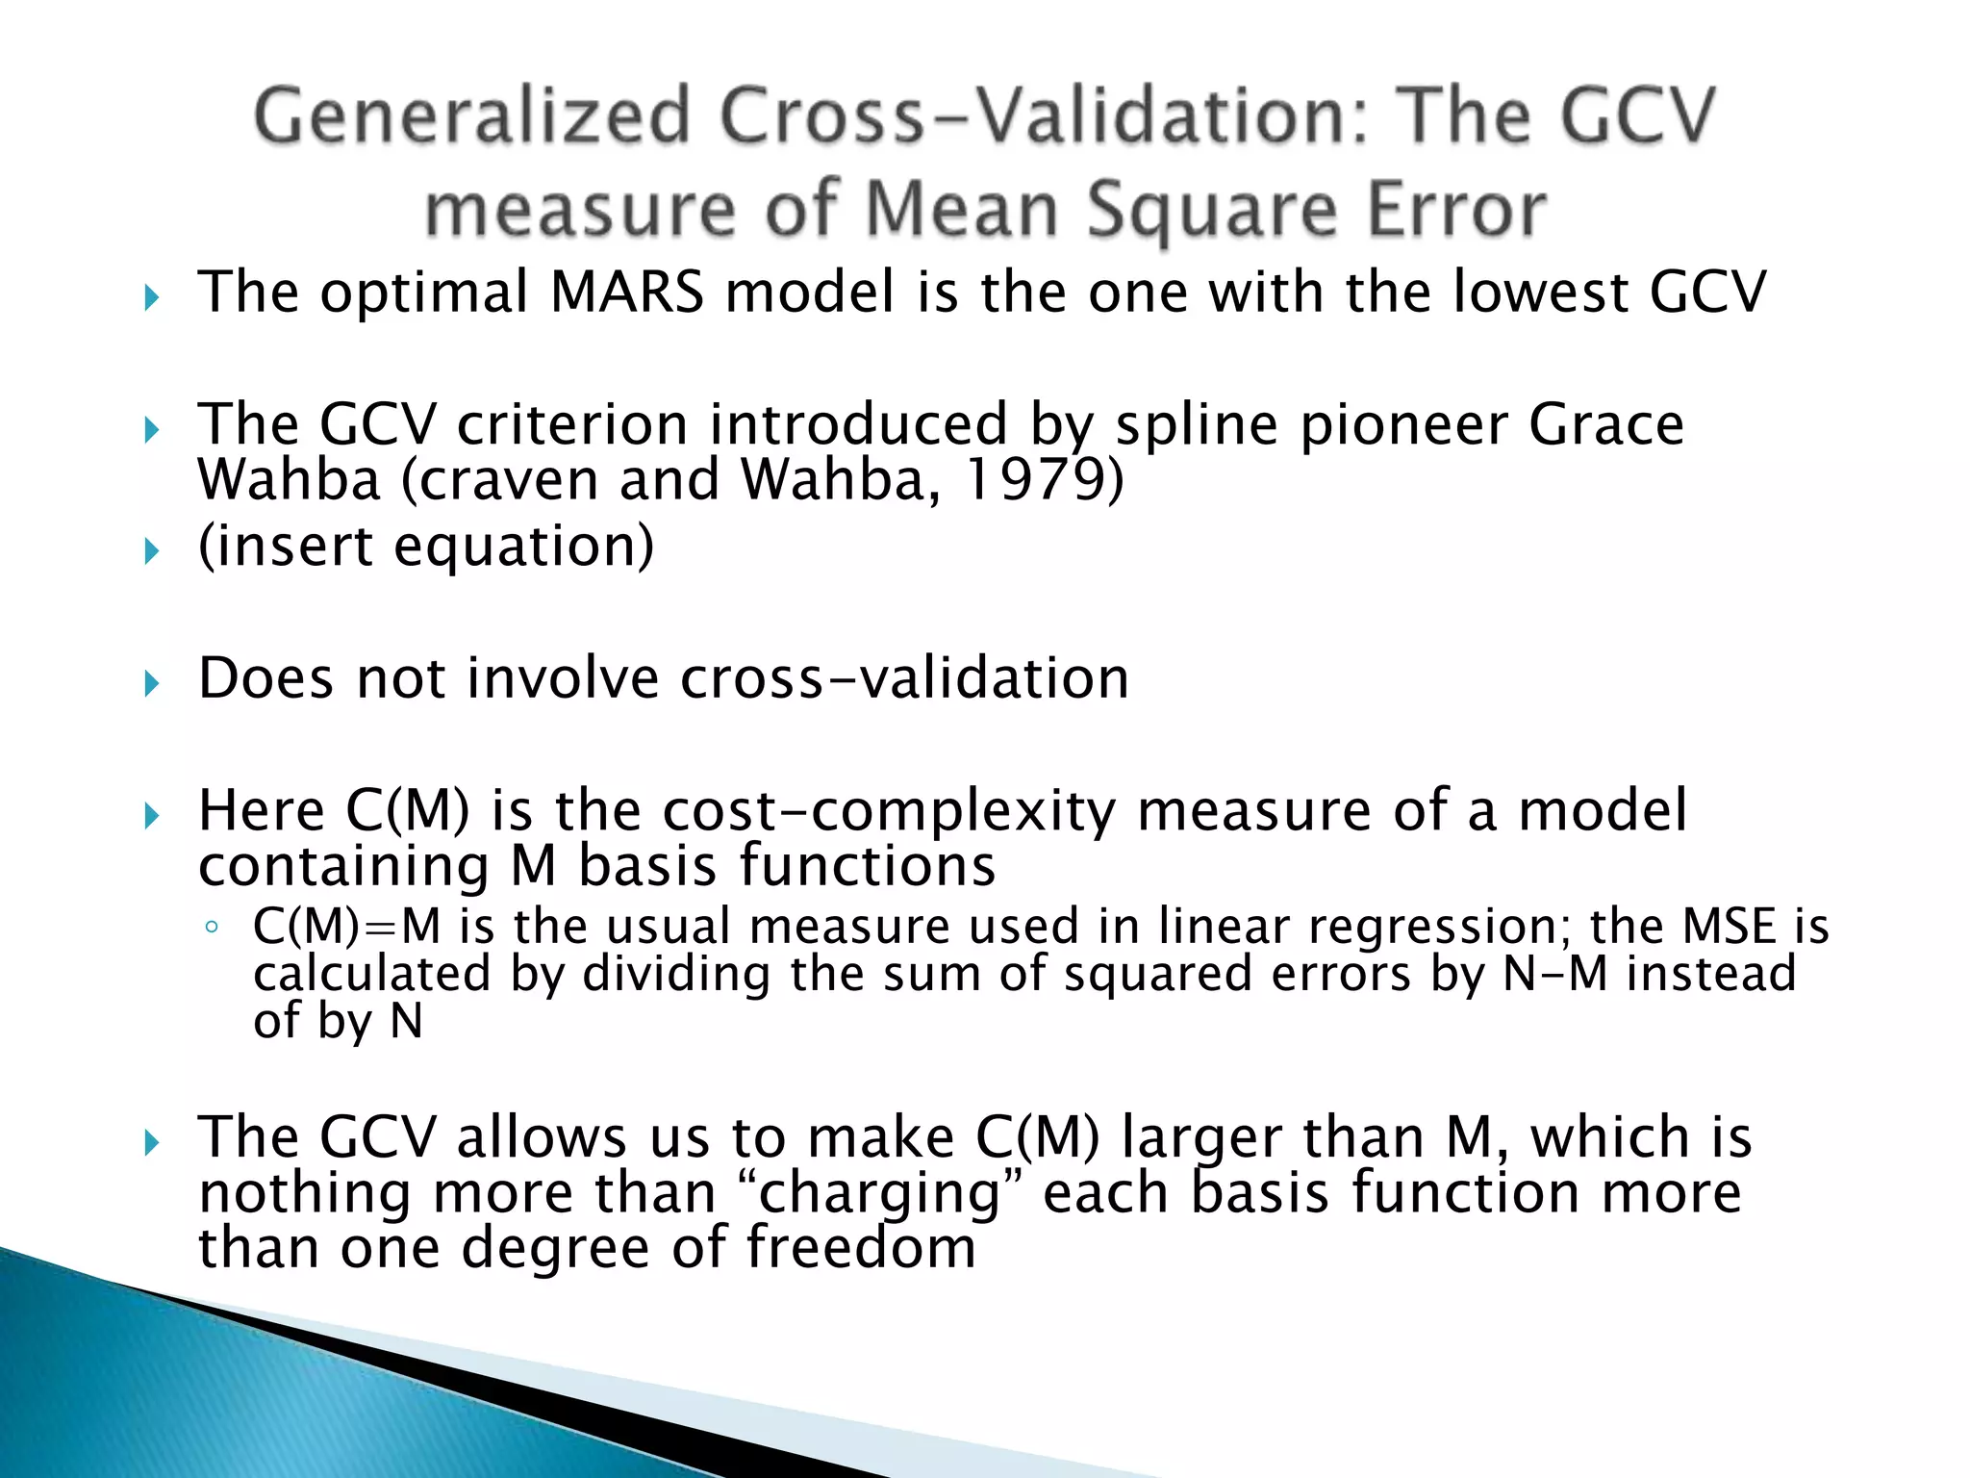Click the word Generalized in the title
[x=472, y=115]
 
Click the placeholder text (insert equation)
[x=426, y=546]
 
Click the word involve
[x=563, y=677]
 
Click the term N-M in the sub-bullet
[x=1554, y=973]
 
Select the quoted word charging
[x=882, y=1193]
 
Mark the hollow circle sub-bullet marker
[x=212, y=928]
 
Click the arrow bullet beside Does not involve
[x=151, y=684]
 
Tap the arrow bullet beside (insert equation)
[x=151, y=551]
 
